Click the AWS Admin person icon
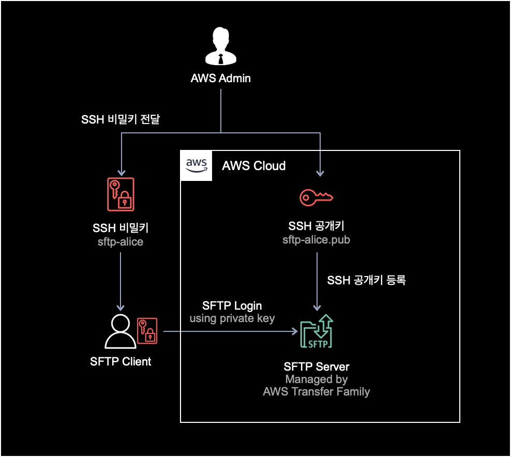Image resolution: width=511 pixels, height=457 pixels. pos(221,47)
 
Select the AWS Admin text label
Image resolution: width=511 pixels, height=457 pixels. pos(221,79)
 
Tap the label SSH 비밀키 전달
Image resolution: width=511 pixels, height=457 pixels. pos(121,119)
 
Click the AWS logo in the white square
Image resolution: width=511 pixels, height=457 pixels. pos(197,165)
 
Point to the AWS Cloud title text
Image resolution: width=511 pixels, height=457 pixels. pos(253,165)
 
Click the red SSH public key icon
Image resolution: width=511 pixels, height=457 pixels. pos(317,197)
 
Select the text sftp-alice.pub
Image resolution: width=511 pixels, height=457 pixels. pos(316,240)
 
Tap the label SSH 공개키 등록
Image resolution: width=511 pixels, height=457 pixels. pos(366,280)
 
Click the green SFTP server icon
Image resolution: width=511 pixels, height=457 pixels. pos(317,331)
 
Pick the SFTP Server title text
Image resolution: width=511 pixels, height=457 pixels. pos(317,367)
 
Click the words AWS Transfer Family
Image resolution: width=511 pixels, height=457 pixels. pos(316,391)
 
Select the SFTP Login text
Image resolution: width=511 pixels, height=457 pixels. pos(232,306)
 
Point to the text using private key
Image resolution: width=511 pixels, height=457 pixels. pos(232,318)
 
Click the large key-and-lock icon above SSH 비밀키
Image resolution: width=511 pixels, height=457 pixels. pos(121,194)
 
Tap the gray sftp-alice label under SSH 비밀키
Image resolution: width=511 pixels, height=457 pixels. pos(121,241)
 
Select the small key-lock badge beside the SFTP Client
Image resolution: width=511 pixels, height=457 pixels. pos(146,331)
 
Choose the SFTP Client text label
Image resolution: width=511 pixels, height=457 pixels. pos(121,361)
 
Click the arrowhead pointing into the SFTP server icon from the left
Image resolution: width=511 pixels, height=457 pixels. pos(295,331)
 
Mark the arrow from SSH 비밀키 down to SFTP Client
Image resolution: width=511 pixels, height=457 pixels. pos(121,280)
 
